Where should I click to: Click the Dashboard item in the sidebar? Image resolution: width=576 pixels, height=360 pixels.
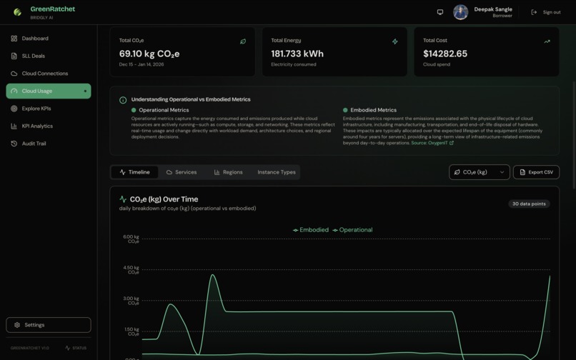pos(34,39)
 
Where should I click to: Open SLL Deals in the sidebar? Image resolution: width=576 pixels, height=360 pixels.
pos(33,56)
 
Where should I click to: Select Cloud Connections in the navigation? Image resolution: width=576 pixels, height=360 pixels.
pos(44,74)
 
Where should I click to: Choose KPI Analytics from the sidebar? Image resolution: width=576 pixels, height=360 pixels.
pos(37,126)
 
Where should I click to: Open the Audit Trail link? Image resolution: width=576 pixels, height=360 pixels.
pos(34,144)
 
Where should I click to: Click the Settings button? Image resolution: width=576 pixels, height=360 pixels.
pos(49,325)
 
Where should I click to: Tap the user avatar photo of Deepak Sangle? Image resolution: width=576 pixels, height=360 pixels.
pos(461,12)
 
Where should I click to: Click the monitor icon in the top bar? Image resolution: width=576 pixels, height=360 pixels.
pos(440,12)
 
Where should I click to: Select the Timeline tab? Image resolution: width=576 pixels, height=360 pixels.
pos(135,172)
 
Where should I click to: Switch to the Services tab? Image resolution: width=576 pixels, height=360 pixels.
pos(182,172)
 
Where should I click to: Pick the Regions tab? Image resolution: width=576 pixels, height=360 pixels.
pos(228,172)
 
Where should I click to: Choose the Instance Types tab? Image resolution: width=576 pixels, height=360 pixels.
pos(277,172)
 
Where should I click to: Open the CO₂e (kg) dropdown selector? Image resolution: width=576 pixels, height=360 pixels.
pos(479,172)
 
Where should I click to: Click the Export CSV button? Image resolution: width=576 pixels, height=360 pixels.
pos(536,172)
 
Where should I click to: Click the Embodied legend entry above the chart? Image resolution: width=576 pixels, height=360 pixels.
pos(311,230)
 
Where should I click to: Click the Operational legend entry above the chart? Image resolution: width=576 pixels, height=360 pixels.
pos(352,230)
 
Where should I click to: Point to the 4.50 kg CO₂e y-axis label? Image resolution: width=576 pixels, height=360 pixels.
pos(131,270)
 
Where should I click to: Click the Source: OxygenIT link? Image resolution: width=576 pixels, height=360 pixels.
pos(432,143)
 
